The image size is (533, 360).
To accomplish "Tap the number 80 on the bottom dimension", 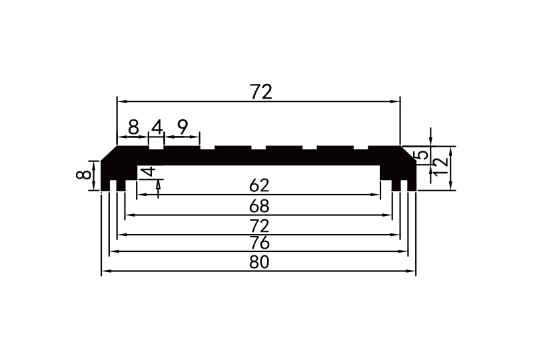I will tap(259, 263).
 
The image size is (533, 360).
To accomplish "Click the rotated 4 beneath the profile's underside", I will tap(151, 172).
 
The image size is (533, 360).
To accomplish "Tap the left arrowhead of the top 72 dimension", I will tap(121, 101).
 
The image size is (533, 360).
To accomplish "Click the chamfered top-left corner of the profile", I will tap(109, 153).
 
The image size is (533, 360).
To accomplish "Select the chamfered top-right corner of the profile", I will tap(408, 153).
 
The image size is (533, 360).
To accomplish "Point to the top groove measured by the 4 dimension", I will tap(157, 144).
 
